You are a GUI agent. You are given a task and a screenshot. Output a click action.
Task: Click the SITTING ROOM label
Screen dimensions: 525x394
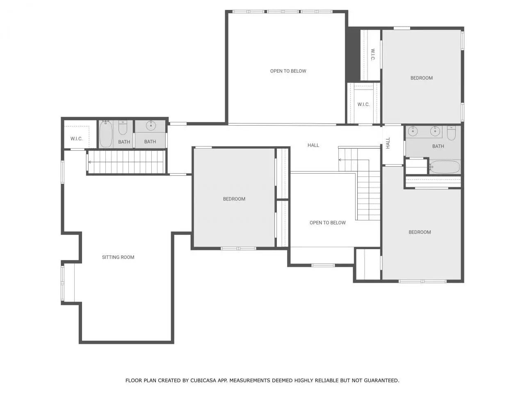118,257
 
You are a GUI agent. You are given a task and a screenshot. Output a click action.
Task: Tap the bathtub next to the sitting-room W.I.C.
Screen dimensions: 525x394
106,134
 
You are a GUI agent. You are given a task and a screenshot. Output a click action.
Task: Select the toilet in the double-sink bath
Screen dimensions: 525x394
451,133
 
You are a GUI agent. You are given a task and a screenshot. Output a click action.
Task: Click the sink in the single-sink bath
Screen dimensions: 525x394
151,125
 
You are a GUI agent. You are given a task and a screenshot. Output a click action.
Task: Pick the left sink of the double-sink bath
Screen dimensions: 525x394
413,131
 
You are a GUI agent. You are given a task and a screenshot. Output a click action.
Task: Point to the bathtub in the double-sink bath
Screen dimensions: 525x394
445,167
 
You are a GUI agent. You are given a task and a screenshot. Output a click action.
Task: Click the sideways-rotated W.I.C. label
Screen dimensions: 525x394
373,55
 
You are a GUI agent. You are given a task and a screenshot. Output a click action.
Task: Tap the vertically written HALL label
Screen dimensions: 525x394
388,143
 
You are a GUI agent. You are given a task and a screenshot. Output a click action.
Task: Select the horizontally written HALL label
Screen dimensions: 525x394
313,145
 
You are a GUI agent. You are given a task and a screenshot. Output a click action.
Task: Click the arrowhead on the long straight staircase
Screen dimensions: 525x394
90,162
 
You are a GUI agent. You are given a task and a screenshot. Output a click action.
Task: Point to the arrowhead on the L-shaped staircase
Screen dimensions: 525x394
340,160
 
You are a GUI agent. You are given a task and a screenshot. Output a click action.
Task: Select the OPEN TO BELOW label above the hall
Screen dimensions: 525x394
288,71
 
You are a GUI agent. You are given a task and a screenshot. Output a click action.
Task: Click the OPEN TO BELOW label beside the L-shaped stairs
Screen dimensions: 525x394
327,223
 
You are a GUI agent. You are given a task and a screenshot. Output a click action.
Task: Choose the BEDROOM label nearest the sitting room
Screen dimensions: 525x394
234,199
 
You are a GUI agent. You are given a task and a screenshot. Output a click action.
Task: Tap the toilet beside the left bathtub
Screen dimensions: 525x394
123,128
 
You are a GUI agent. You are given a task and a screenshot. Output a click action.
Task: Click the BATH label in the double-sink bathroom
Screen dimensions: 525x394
438,146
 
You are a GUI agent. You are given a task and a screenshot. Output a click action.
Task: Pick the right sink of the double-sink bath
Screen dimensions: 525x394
435,131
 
